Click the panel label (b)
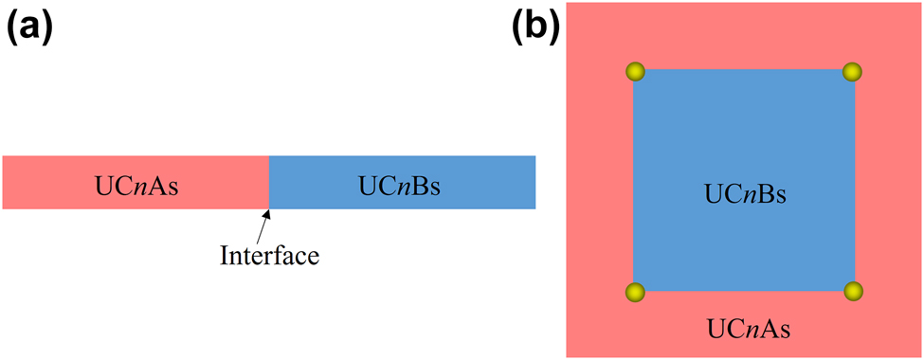point(536,27)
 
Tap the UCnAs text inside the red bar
point(136,183)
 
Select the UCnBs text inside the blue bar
point(403,183)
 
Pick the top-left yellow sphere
point(634,71)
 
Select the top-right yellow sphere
point(851,71)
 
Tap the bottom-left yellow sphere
point(634,291)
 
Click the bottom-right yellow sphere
point(851,291)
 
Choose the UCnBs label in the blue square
point(746,194)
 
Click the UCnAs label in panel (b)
point(750,329)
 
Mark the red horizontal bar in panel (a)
point(57,182)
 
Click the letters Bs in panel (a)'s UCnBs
point(430,183)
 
